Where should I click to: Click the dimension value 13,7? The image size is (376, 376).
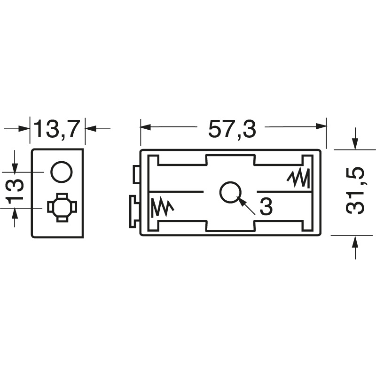pyautogui.click(x=57, y=129)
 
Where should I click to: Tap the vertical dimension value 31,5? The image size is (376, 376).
pyautogui.click(x=356, y=192)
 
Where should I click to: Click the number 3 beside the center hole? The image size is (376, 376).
pyautogui.click(x=266, y=207)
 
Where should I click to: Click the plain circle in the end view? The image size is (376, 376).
pyautogui.click(x=62, y=172)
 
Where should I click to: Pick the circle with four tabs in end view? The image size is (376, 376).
pyautogui.click(x=62, y=207)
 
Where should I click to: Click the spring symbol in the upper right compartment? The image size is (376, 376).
pyautogui.click(x=298, y=178)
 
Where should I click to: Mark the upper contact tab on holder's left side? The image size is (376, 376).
pyautogui.click(x=136, y=175)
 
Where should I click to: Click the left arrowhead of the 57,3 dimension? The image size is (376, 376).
pyautogui.click(x=145, y=127)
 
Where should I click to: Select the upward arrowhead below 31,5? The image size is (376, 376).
pyautogui.click(x=355, y=241)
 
